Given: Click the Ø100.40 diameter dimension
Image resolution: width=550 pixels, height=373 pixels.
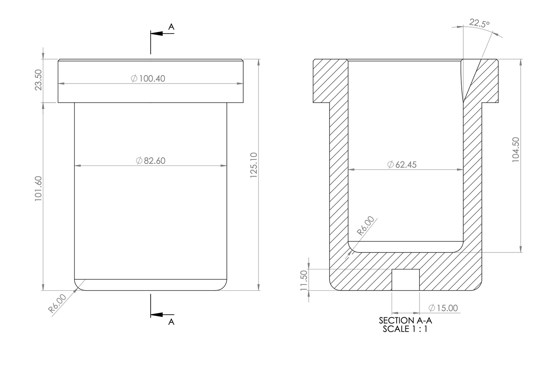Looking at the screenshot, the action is point(148,79).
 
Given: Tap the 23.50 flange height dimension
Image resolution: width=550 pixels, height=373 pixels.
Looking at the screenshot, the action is point(38,80).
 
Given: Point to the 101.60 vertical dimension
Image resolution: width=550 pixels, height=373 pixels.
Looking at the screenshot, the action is point(38,188).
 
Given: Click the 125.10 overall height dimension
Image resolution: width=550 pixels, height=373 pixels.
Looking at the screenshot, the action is point(253,165).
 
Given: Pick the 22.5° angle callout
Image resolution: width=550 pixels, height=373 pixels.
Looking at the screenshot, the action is point(480,23).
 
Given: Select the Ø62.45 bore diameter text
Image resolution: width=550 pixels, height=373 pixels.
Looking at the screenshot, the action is point(402,165).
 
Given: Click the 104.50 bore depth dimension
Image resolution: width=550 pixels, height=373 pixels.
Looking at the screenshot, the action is point(516,150).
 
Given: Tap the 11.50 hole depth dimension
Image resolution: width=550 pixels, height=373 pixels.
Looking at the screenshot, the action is point(304,280).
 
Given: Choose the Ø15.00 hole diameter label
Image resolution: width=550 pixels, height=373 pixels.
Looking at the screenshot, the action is point(443,308).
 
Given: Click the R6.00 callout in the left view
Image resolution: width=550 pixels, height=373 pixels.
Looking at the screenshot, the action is point(57,303).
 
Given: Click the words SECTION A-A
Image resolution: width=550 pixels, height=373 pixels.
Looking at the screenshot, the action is point(405,320).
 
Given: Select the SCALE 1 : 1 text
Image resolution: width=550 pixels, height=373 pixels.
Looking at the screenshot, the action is point(405,329).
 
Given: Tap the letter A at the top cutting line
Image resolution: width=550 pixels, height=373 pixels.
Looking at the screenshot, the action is point(171,27).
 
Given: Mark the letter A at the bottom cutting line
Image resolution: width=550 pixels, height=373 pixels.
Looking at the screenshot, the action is point(171,322).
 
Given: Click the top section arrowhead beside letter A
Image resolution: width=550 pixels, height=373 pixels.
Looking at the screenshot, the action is point(157,34).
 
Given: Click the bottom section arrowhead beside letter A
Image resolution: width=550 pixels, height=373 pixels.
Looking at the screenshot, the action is point(157,315).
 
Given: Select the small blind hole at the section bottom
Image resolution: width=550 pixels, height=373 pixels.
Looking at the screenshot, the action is point(406,280).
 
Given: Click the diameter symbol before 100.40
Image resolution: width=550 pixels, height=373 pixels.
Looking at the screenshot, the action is point(134,79).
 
